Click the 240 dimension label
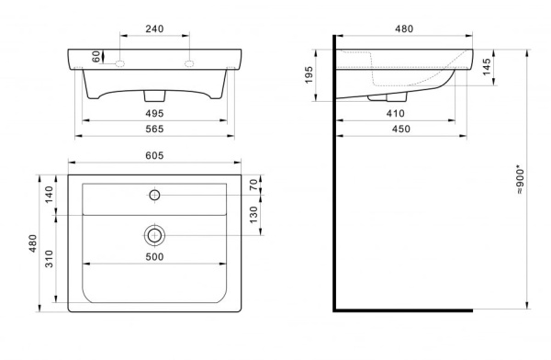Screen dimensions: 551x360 tap(154, 28)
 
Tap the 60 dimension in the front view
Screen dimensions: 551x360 tap(96, 57)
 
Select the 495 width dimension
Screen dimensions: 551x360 tap(154, 113)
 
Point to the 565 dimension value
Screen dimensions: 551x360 tap(154, 129)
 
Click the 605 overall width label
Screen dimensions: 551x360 tap(154, 155)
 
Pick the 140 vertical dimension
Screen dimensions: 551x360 tap(49, 195)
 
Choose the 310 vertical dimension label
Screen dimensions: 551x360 tap(49, 259)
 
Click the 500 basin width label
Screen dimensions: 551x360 tap(154, 257)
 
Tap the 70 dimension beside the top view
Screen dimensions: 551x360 tap(253, 185)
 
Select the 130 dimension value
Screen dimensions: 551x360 tap(253, 215)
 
